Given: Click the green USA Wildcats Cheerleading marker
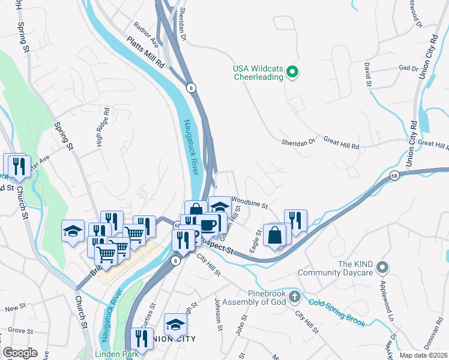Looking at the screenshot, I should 292,73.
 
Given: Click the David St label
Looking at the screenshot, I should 367,77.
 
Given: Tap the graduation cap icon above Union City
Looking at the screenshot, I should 175,325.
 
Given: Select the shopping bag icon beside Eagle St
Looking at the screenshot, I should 274,235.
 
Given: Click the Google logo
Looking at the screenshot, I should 20,353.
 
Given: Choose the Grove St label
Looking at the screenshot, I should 20,331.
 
